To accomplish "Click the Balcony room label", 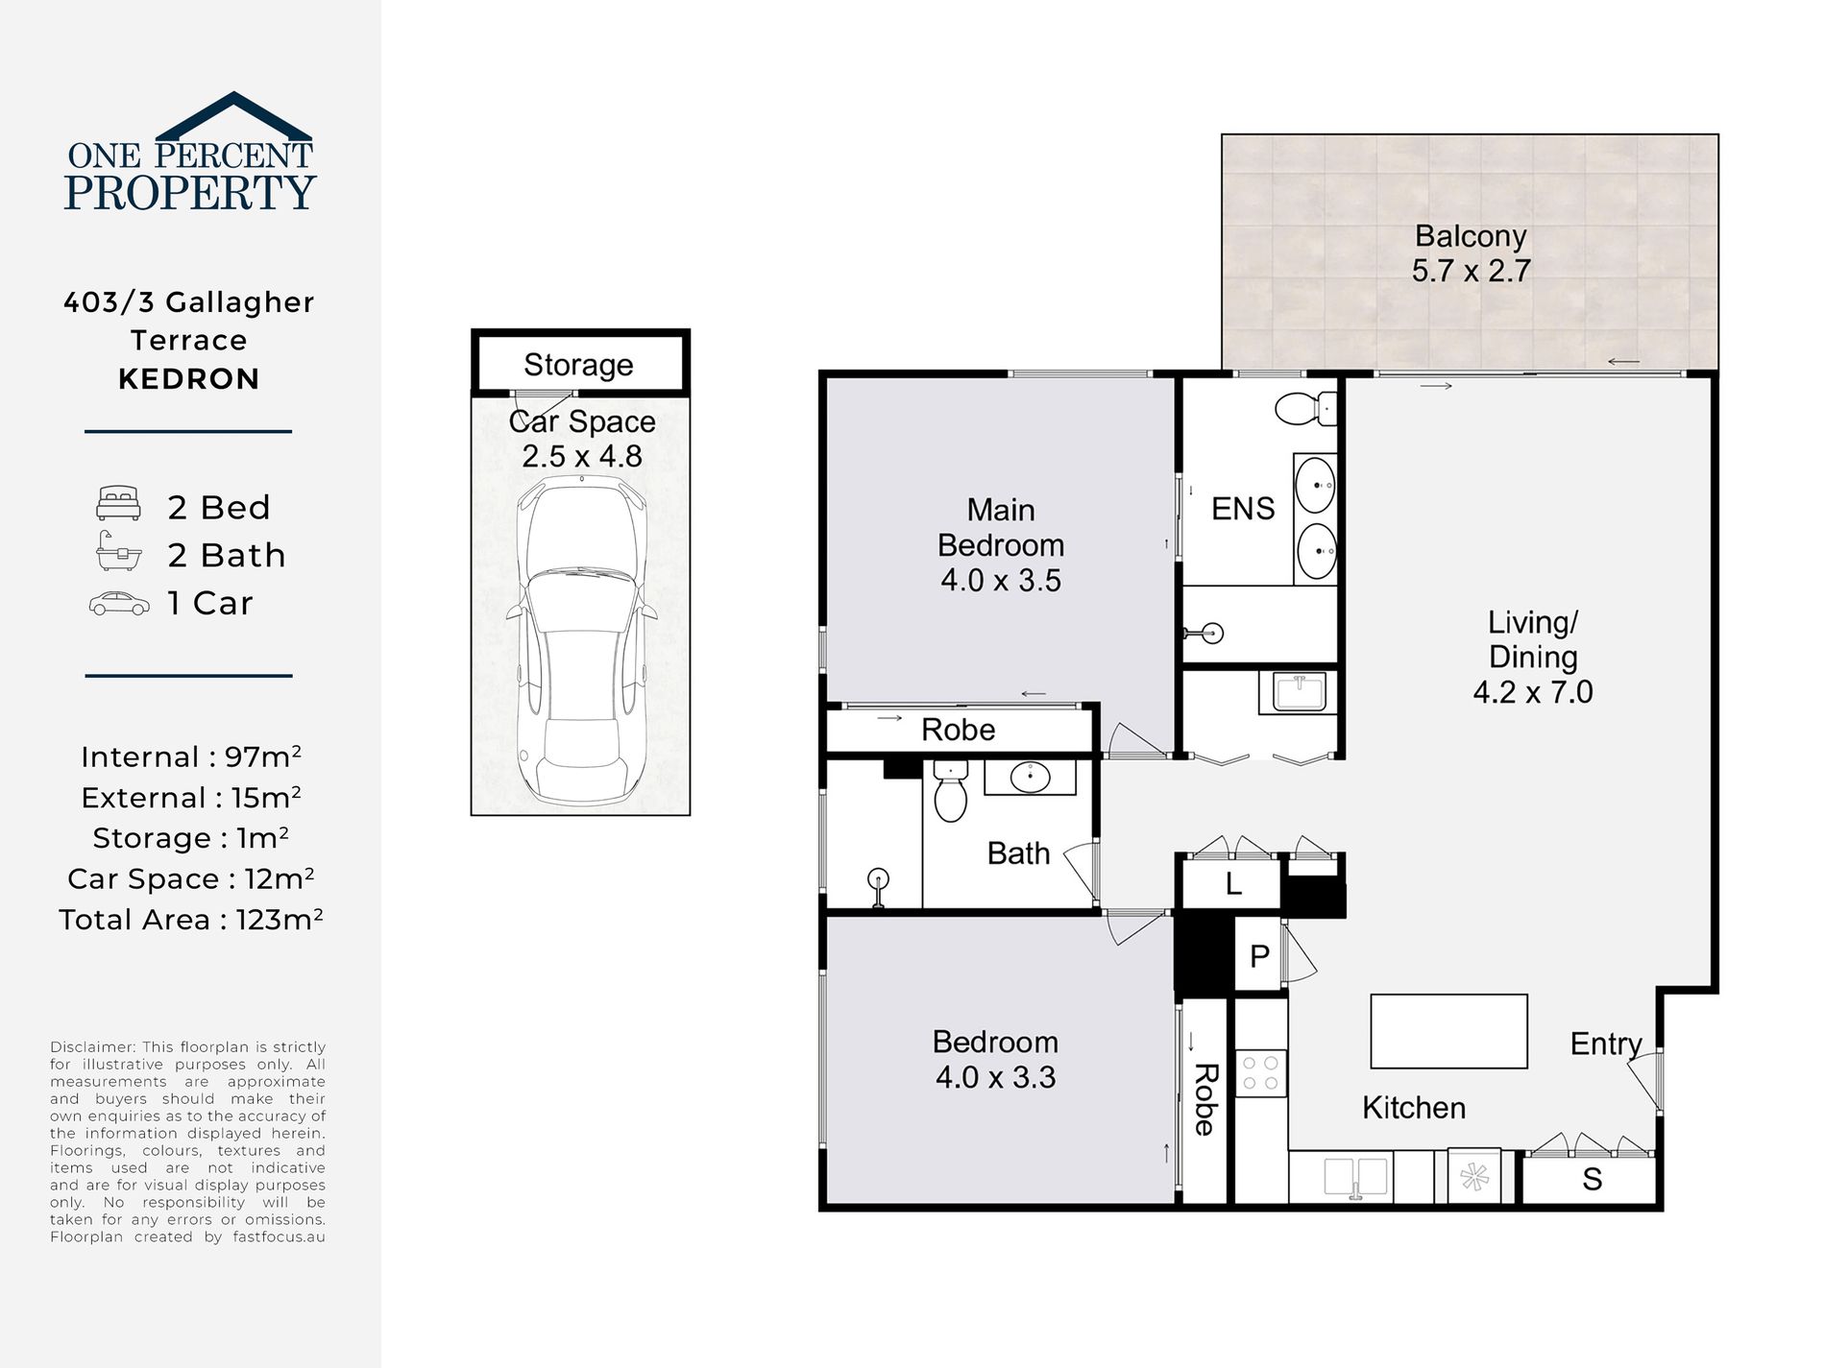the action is pos(1470,236).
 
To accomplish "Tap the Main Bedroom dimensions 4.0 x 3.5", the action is pos(1000,581).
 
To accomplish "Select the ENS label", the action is pos(1243,508).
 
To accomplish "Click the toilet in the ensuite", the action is pos(1306,409).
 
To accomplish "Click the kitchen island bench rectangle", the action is pos(1448,1031).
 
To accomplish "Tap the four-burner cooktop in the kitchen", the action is pos(1260,1073).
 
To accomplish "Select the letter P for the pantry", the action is pos(1259,956).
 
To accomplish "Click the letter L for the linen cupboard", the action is pos(1233,883).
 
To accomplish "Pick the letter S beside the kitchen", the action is pos(1592,1179).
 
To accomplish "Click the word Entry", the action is pos(1606,1044).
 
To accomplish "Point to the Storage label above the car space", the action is pos(578,365).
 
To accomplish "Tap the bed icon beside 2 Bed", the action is pos(119,505).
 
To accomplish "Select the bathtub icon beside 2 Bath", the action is pos(119,553).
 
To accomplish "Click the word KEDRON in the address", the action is pos(189,379).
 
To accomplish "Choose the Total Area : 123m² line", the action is pos(191,920).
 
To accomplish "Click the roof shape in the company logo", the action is pos(233,115).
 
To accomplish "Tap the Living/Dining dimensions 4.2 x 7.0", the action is pos(1533,692).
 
